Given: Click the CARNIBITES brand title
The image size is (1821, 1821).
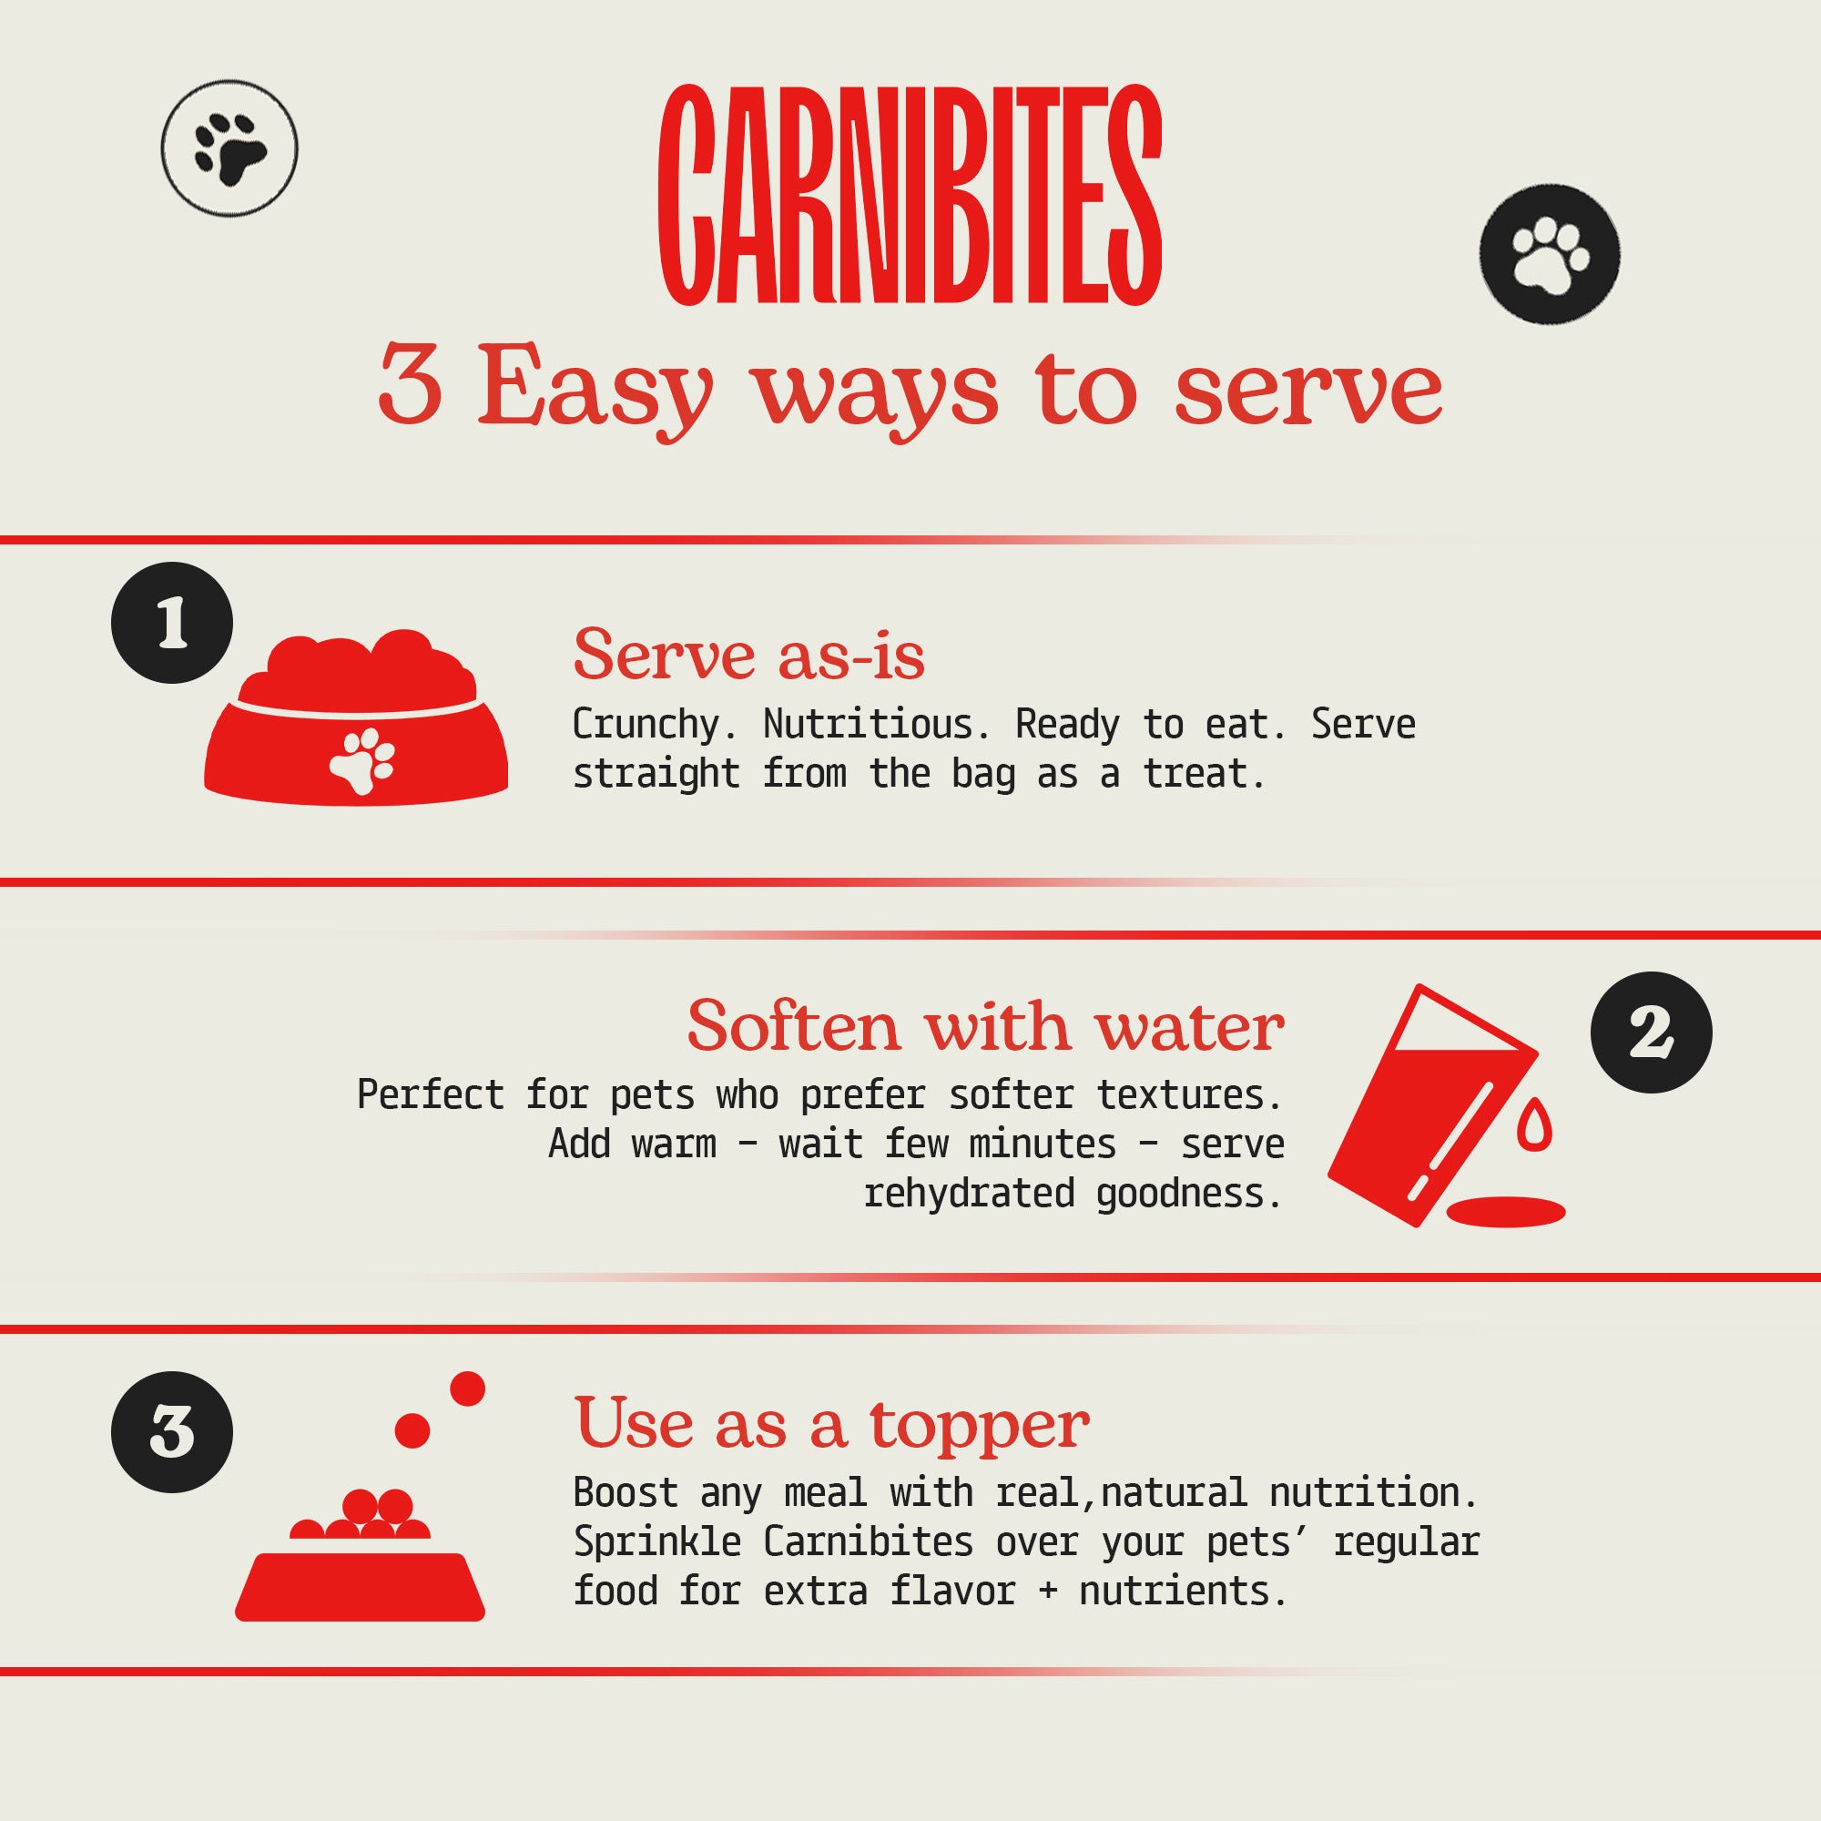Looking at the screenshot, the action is tap(910, 195).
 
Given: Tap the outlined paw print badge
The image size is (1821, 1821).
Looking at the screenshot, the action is tap(229, 148).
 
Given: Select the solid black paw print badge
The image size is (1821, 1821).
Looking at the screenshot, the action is tap(1550, 255).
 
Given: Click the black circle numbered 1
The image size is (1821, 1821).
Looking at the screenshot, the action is tap(172, 623).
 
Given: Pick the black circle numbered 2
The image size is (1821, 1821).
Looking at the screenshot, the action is tap(1652, 1033).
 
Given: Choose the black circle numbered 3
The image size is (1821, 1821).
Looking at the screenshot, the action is tap(172, 1431).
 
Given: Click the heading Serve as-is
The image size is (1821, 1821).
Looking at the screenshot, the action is tap(749, 654).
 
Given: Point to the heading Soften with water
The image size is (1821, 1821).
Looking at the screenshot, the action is tap(986, 1025).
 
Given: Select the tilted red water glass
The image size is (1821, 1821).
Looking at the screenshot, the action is tap(1431, 1104).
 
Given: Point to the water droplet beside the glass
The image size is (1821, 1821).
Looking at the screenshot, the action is tap(1534, 1124).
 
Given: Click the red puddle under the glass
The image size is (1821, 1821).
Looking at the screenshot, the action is tap(1506, 1211).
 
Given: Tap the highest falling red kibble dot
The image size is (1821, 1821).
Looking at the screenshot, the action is tap(467, 1389).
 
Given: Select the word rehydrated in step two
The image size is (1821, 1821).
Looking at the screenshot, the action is tap(969, 1194).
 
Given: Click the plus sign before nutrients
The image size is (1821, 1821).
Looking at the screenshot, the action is tap(1047, 1592).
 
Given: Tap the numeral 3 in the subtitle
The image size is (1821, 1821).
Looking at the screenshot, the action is tap(410, 383).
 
